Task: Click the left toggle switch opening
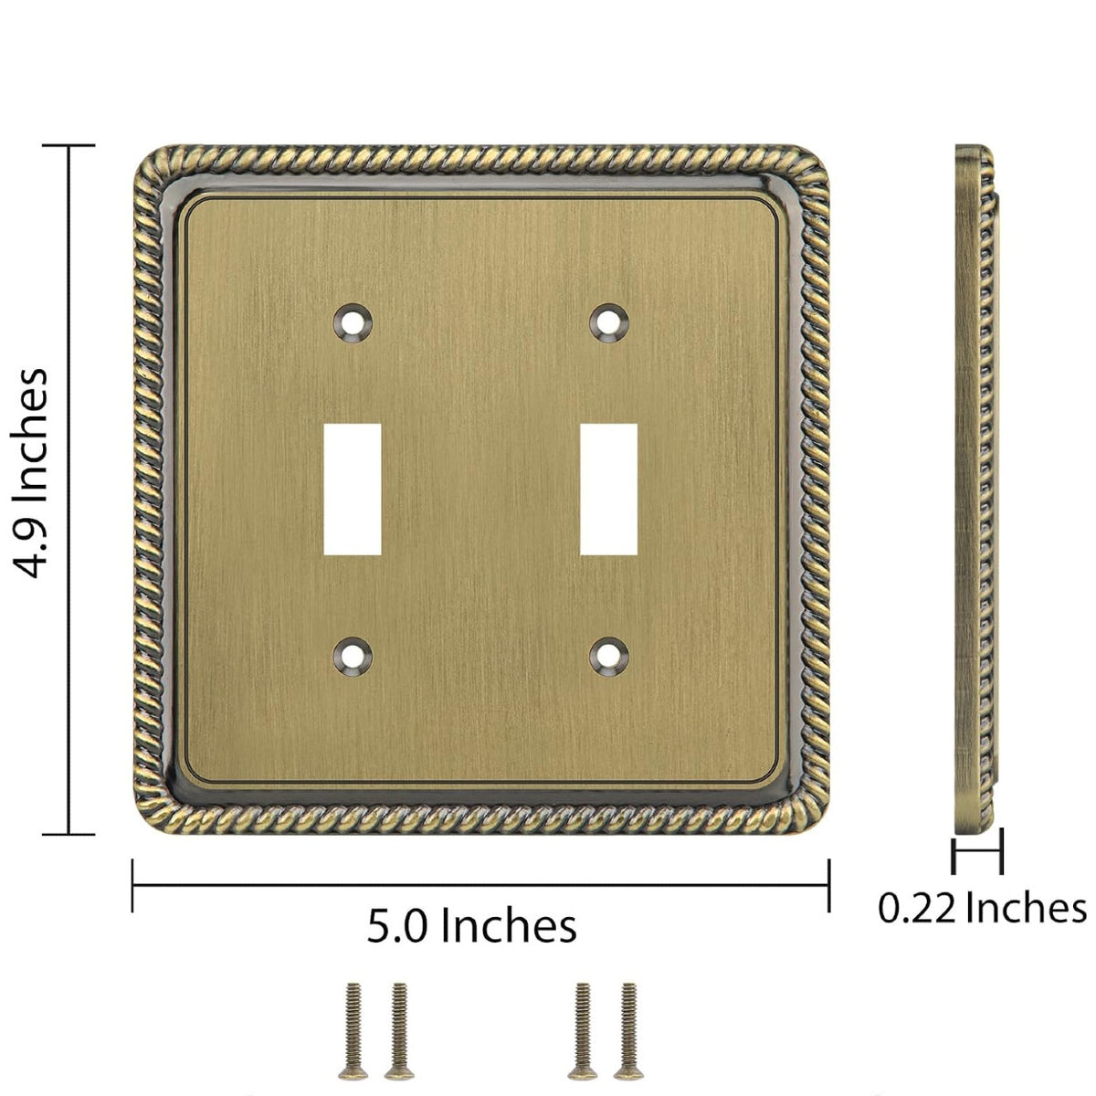[x=353, y=490]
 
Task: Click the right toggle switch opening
[x=610, y=490]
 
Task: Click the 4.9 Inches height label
[x=34, y=473]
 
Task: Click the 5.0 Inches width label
[x=471, y=925]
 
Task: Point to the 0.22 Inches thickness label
[x=982, y=908]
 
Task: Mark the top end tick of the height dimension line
[x=69, y=145]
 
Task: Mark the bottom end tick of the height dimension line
[x=69, y=834]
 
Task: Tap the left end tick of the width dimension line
[x=133, y=885]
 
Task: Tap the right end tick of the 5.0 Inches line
[x=828, y=885]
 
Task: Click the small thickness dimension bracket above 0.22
[x=976, y=856]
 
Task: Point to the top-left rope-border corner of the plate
[x=150, y=163]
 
